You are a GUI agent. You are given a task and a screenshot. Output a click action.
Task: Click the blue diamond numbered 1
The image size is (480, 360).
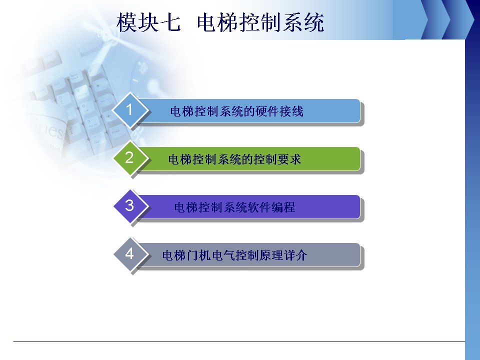click(x=130, y=109)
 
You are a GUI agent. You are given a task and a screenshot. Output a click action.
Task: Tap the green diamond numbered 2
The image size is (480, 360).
click(x=130, y=157)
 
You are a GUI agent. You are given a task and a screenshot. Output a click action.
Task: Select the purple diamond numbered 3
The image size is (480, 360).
click(x=130, y=205)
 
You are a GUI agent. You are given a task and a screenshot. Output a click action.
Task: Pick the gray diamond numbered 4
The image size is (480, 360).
click(x=130, y=254)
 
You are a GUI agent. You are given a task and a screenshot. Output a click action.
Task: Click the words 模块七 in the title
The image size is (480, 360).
click(x=149, y=22)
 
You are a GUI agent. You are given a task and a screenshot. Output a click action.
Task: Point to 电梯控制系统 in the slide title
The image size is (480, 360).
click(x=260, y=22)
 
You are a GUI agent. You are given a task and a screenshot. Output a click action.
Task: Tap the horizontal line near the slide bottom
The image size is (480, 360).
click(x=239, y=341)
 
